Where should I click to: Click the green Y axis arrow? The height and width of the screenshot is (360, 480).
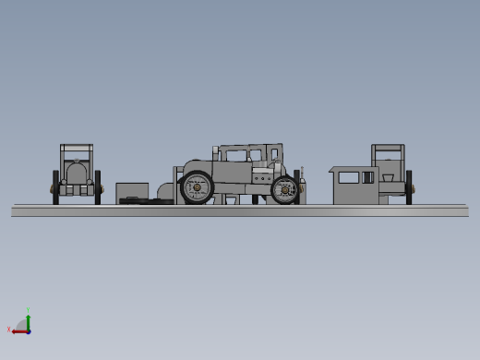29,319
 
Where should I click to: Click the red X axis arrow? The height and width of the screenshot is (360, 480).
18,330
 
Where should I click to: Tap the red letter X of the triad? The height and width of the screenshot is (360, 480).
9,330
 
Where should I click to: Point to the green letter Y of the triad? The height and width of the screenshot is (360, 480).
29,310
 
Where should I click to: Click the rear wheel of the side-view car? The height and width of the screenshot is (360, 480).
196,188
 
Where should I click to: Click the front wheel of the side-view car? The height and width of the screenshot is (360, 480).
284,189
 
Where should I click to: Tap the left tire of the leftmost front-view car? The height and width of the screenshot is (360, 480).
55,186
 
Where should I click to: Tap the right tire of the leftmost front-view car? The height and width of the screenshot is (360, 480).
98,186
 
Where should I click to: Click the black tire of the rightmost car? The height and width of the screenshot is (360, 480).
409,186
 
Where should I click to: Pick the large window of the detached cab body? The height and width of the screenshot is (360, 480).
348,177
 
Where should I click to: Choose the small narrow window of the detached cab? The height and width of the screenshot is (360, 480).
368,177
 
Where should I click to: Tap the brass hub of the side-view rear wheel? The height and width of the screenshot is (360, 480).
196,188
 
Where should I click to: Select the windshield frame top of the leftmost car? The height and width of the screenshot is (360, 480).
77,147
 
